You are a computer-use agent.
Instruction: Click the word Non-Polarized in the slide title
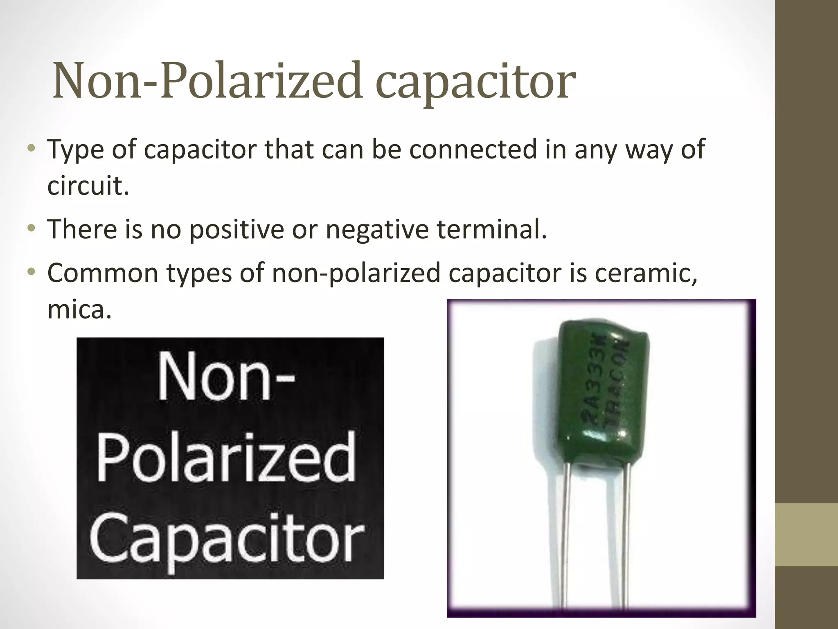click(207, 81)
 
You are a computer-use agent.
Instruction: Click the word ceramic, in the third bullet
click(646, 273)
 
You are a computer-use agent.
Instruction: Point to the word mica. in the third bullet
click(79, 310)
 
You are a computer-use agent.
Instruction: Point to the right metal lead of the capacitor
click(626, 532)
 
